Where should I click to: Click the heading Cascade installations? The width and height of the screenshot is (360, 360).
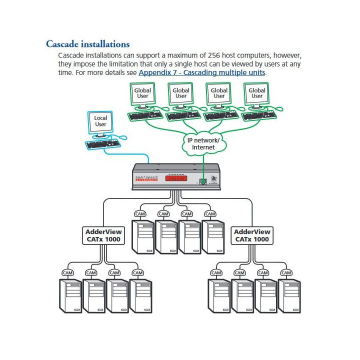coord(87,44)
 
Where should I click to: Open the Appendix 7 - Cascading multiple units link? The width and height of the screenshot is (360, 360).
coord(202,72)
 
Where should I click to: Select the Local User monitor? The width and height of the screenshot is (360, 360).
coord(100,123)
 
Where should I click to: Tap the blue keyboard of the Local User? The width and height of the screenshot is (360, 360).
coord(103,144)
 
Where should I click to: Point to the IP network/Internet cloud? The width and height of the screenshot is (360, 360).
coord(203,144)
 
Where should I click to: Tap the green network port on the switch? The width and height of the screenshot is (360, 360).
coord(202,181)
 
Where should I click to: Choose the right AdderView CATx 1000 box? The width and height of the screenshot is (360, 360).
coord(252,235)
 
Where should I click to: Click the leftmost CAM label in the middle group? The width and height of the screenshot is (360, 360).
coord(140,214)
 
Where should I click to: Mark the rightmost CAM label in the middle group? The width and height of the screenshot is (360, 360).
coord(210,214)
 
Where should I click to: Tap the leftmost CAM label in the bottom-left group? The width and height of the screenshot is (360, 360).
coord(67,272)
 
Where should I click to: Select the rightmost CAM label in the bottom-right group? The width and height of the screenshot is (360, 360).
coord(286,272)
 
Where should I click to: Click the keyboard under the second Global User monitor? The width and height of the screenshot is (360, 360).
coord(181,115)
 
